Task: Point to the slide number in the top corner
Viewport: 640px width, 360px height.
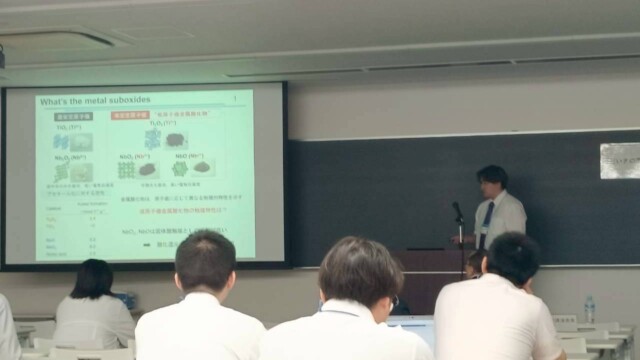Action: pos(234,99)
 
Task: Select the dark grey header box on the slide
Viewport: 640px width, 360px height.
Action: pos(72,116)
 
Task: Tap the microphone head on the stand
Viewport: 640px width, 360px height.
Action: pos(457,209)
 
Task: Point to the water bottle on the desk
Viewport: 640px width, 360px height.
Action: pos(589,309)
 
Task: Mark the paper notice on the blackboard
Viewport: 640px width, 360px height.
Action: pos(619,160)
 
